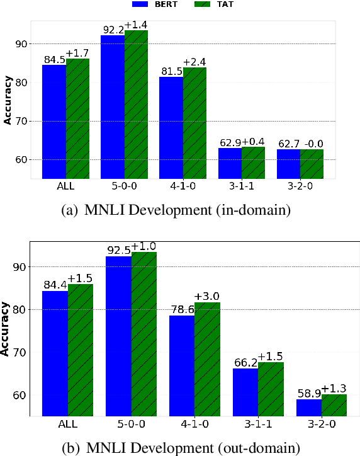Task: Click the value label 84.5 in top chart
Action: (54, 60)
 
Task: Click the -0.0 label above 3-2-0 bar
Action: (312, 144)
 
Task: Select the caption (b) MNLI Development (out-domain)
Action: (180, 448)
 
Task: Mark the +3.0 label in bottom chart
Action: (207, 296)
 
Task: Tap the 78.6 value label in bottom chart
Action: (182, 309)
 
